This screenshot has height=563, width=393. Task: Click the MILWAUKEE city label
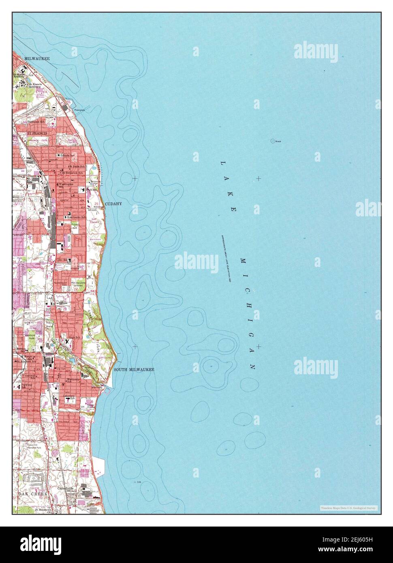(x=37, y=59)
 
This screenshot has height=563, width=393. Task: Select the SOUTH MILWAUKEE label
(x=134, y=369)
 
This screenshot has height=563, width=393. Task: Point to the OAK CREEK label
(x=32, y=494)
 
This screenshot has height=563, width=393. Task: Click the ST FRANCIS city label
(x=37, y=133)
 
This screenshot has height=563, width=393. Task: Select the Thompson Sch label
(x=36, y=122)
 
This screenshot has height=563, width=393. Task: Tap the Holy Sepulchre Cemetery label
(x=77, y=285)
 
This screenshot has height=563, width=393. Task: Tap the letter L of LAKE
(x=222, y=163)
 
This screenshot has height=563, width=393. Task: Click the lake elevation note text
(x=226, y=259)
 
